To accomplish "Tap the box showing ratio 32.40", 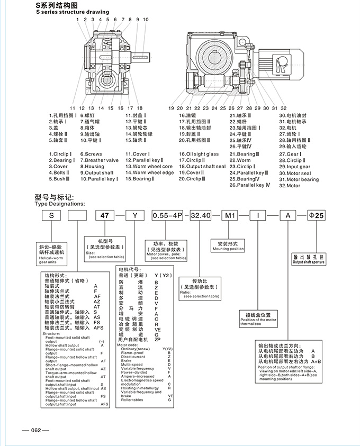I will coord(200,216).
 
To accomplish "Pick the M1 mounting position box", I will coord(229,216).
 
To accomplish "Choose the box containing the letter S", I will coord(51,216).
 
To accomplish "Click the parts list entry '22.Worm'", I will coord(240,160).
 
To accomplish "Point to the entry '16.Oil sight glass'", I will coord(199,154).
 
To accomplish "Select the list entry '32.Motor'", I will coord(290,186).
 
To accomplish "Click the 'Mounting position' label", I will coord(228,249).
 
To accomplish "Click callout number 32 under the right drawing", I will coord(283,108).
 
